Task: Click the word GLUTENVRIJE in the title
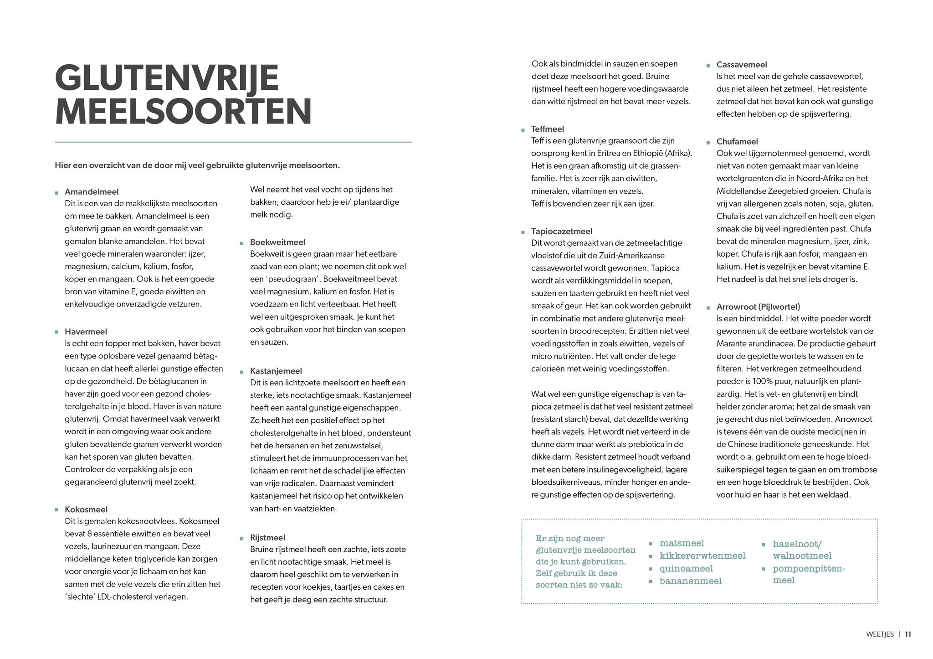[x=166, y=78]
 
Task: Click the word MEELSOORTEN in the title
[x=183, y=112]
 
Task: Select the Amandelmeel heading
[x=92, y=192]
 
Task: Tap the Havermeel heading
[x=86, y=332]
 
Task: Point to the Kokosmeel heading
[x=86, y=509]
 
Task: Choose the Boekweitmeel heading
[x=277, y=242]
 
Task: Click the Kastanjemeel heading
[x=276, y=371]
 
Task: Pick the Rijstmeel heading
[x=267, y=538]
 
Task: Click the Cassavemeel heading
[x=741, y=65]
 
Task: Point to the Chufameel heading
[x=737, y=142]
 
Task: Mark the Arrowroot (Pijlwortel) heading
[x=758, y=307]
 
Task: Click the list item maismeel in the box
[x=682, y=543]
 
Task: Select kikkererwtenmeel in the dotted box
[x=702, y=555]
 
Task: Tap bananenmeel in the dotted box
[x=690, y=581]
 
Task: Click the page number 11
[x=908, y=634]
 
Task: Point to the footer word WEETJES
[x=880, y=634]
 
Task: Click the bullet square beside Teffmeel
[x=523, y=130]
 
